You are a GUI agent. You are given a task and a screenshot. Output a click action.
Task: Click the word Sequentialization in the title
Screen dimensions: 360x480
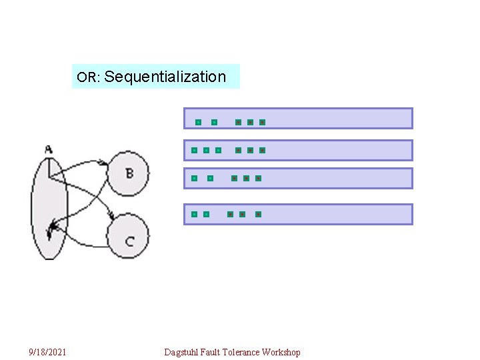pos(165,77)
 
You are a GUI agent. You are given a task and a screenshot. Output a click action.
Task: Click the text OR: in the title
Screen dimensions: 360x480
pos(88,77)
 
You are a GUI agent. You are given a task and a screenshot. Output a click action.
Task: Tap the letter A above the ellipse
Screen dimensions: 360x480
pos(49,149)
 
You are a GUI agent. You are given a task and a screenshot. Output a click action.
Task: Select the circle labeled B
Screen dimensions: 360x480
pos(128,173)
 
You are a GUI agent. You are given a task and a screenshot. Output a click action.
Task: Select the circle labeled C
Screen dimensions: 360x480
pos(128,237)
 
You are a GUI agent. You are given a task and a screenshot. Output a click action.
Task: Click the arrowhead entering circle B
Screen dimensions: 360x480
pos(105,162)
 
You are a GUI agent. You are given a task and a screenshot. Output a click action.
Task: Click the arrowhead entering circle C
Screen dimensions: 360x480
pos(114,217)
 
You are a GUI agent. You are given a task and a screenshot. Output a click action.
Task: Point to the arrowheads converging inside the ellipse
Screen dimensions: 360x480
pos(51,231)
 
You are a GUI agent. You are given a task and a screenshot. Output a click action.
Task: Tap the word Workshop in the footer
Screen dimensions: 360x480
pos(281,352)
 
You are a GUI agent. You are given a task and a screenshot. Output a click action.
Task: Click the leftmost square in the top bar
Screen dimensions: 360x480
pos(198,123)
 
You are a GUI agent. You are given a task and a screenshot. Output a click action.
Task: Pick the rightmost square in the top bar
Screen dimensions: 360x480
pos(262,123)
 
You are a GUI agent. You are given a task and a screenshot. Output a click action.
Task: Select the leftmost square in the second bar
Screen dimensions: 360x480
pos(194,151)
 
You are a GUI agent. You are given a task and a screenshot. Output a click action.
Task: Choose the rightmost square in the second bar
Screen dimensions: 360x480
pos(262,151)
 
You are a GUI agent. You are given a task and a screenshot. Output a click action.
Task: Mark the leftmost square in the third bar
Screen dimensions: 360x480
pos(194,179)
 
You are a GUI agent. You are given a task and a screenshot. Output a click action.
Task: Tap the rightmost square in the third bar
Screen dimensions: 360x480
pos(258,179)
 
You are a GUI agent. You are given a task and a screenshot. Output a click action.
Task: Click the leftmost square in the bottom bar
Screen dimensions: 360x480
pos(193,214)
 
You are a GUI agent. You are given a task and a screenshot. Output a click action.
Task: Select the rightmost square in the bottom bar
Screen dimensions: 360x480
pos(258,214)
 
